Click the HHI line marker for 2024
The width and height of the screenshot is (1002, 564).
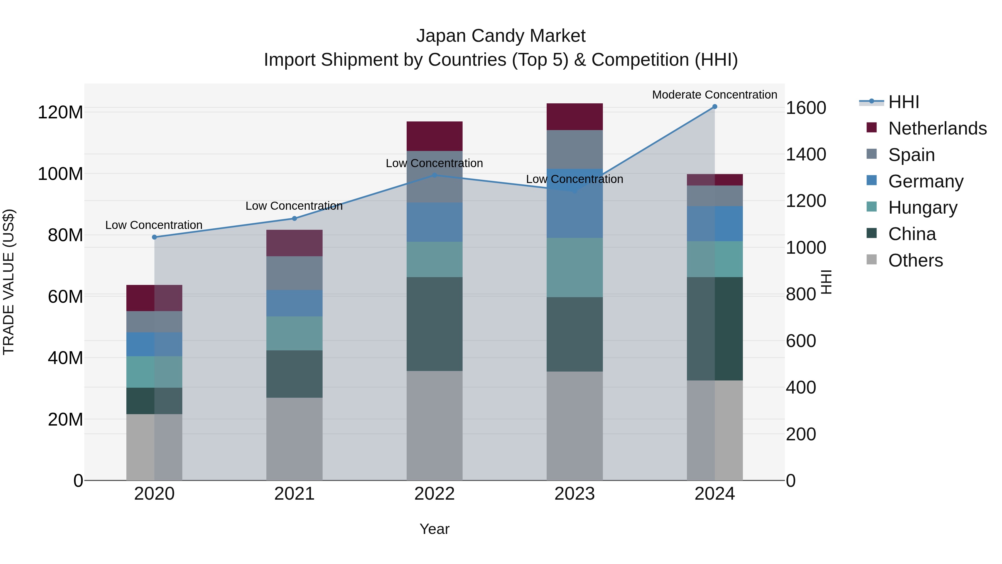[714, 107]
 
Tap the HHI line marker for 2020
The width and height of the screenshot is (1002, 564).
[154, 237]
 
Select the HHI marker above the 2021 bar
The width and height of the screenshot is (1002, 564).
[294, 218]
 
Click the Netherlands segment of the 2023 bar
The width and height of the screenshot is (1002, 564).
[574, 117]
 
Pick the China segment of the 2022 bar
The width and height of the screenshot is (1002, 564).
[434, 324]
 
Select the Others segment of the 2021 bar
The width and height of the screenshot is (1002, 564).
[294, 439]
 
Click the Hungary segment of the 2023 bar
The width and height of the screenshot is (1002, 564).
[574, 267]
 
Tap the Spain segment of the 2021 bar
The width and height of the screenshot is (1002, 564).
[294, 273]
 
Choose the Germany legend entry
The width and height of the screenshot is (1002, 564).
[925, 181]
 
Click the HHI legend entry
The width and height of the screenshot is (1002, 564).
[903, 102]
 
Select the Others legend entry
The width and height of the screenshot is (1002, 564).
[915, 260]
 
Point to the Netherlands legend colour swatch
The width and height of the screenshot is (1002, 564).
[872, 128]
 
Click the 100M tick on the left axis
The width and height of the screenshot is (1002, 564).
[60, 174]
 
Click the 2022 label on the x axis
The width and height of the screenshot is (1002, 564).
[434, 494]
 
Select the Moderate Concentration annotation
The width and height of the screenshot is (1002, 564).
[714, 95]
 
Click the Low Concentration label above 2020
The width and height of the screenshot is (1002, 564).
[154, 225]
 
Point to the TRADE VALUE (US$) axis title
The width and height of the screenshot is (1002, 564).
[9, 282]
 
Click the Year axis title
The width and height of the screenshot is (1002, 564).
[434, 529]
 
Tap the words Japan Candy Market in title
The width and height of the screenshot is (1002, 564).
[501, 36]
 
